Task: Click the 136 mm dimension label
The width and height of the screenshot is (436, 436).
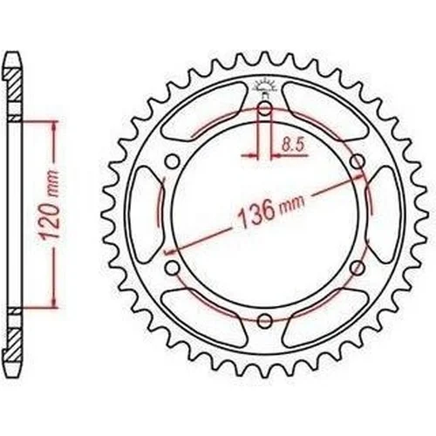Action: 271,210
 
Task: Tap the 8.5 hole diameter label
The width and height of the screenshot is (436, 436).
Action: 293,145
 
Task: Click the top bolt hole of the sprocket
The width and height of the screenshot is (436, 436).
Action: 264,109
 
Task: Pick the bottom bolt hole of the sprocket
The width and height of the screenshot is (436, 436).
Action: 264,321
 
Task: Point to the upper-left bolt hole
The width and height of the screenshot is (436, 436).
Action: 173,161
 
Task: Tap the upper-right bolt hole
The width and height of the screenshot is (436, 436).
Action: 358,161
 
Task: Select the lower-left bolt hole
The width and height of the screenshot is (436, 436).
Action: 173,268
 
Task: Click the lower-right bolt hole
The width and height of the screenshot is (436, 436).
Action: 358,268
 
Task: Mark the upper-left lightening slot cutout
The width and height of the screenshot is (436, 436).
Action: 202,112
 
